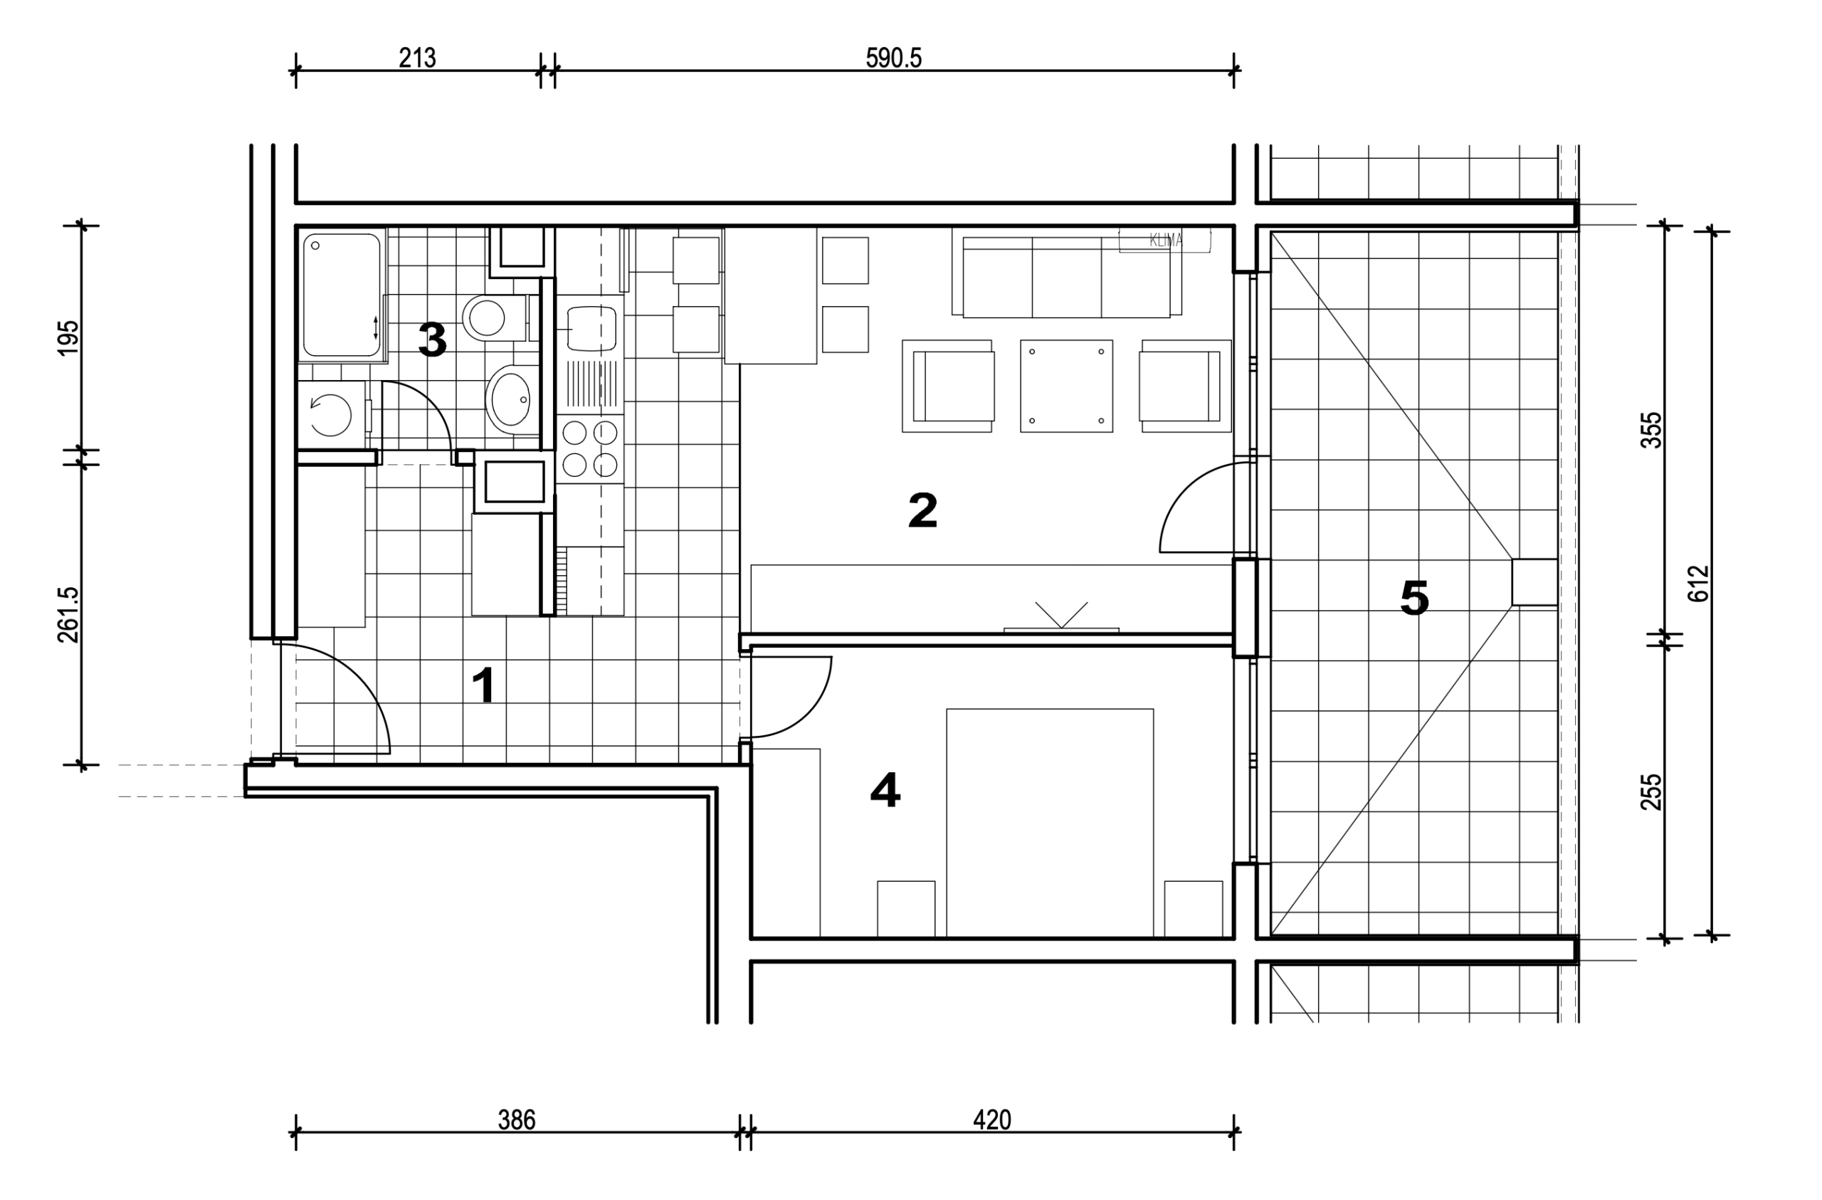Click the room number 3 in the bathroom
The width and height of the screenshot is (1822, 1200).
[433, 340]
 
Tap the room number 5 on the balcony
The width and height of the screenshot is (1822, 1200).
[1414, 597]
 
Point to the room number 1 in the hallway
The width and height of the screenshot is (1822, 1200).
[484, 685]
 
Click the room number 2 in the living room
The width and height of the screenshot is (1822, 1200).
[922, 510]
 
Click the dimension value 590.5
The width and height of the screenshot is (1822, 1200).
[893, 58]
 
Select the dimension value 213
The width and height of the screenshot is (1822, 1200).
[417, 58]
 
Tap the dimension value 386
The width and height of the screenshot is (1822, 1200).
[517, 1120]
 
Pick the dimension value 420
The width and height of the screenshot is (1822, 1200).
[992, 1120]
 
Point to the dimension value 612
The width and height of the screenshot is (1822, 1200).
[1698, 584]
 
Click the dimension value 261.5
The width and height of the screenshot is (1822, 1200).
[68, 614]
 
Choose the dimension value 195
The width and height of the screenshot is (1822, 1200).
[68, 337]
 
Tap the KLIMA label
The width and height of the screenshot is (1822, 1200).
[1166, 241]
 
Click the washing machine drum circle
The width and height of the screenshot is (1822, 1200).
[331, 415]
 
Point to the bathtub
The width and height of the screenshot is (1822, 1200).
[342, 295]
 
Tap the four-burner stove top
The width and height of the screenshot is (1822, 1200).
[590, 449]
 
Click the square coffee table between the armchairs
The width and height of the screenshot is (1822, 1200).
[1066, 386]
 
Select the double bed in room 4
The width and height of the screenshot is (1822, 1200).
[1050, 823]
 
